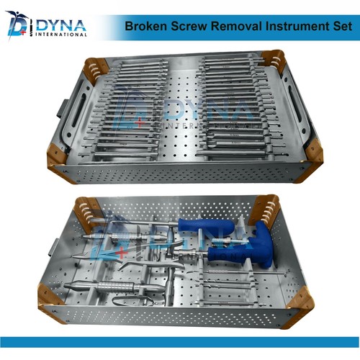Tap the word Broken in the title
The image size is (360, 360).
point(144,26)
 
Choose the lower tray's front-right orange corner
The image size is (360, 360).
point(297,299)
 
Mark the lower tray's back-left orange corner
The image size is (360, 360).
point(86,210)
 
